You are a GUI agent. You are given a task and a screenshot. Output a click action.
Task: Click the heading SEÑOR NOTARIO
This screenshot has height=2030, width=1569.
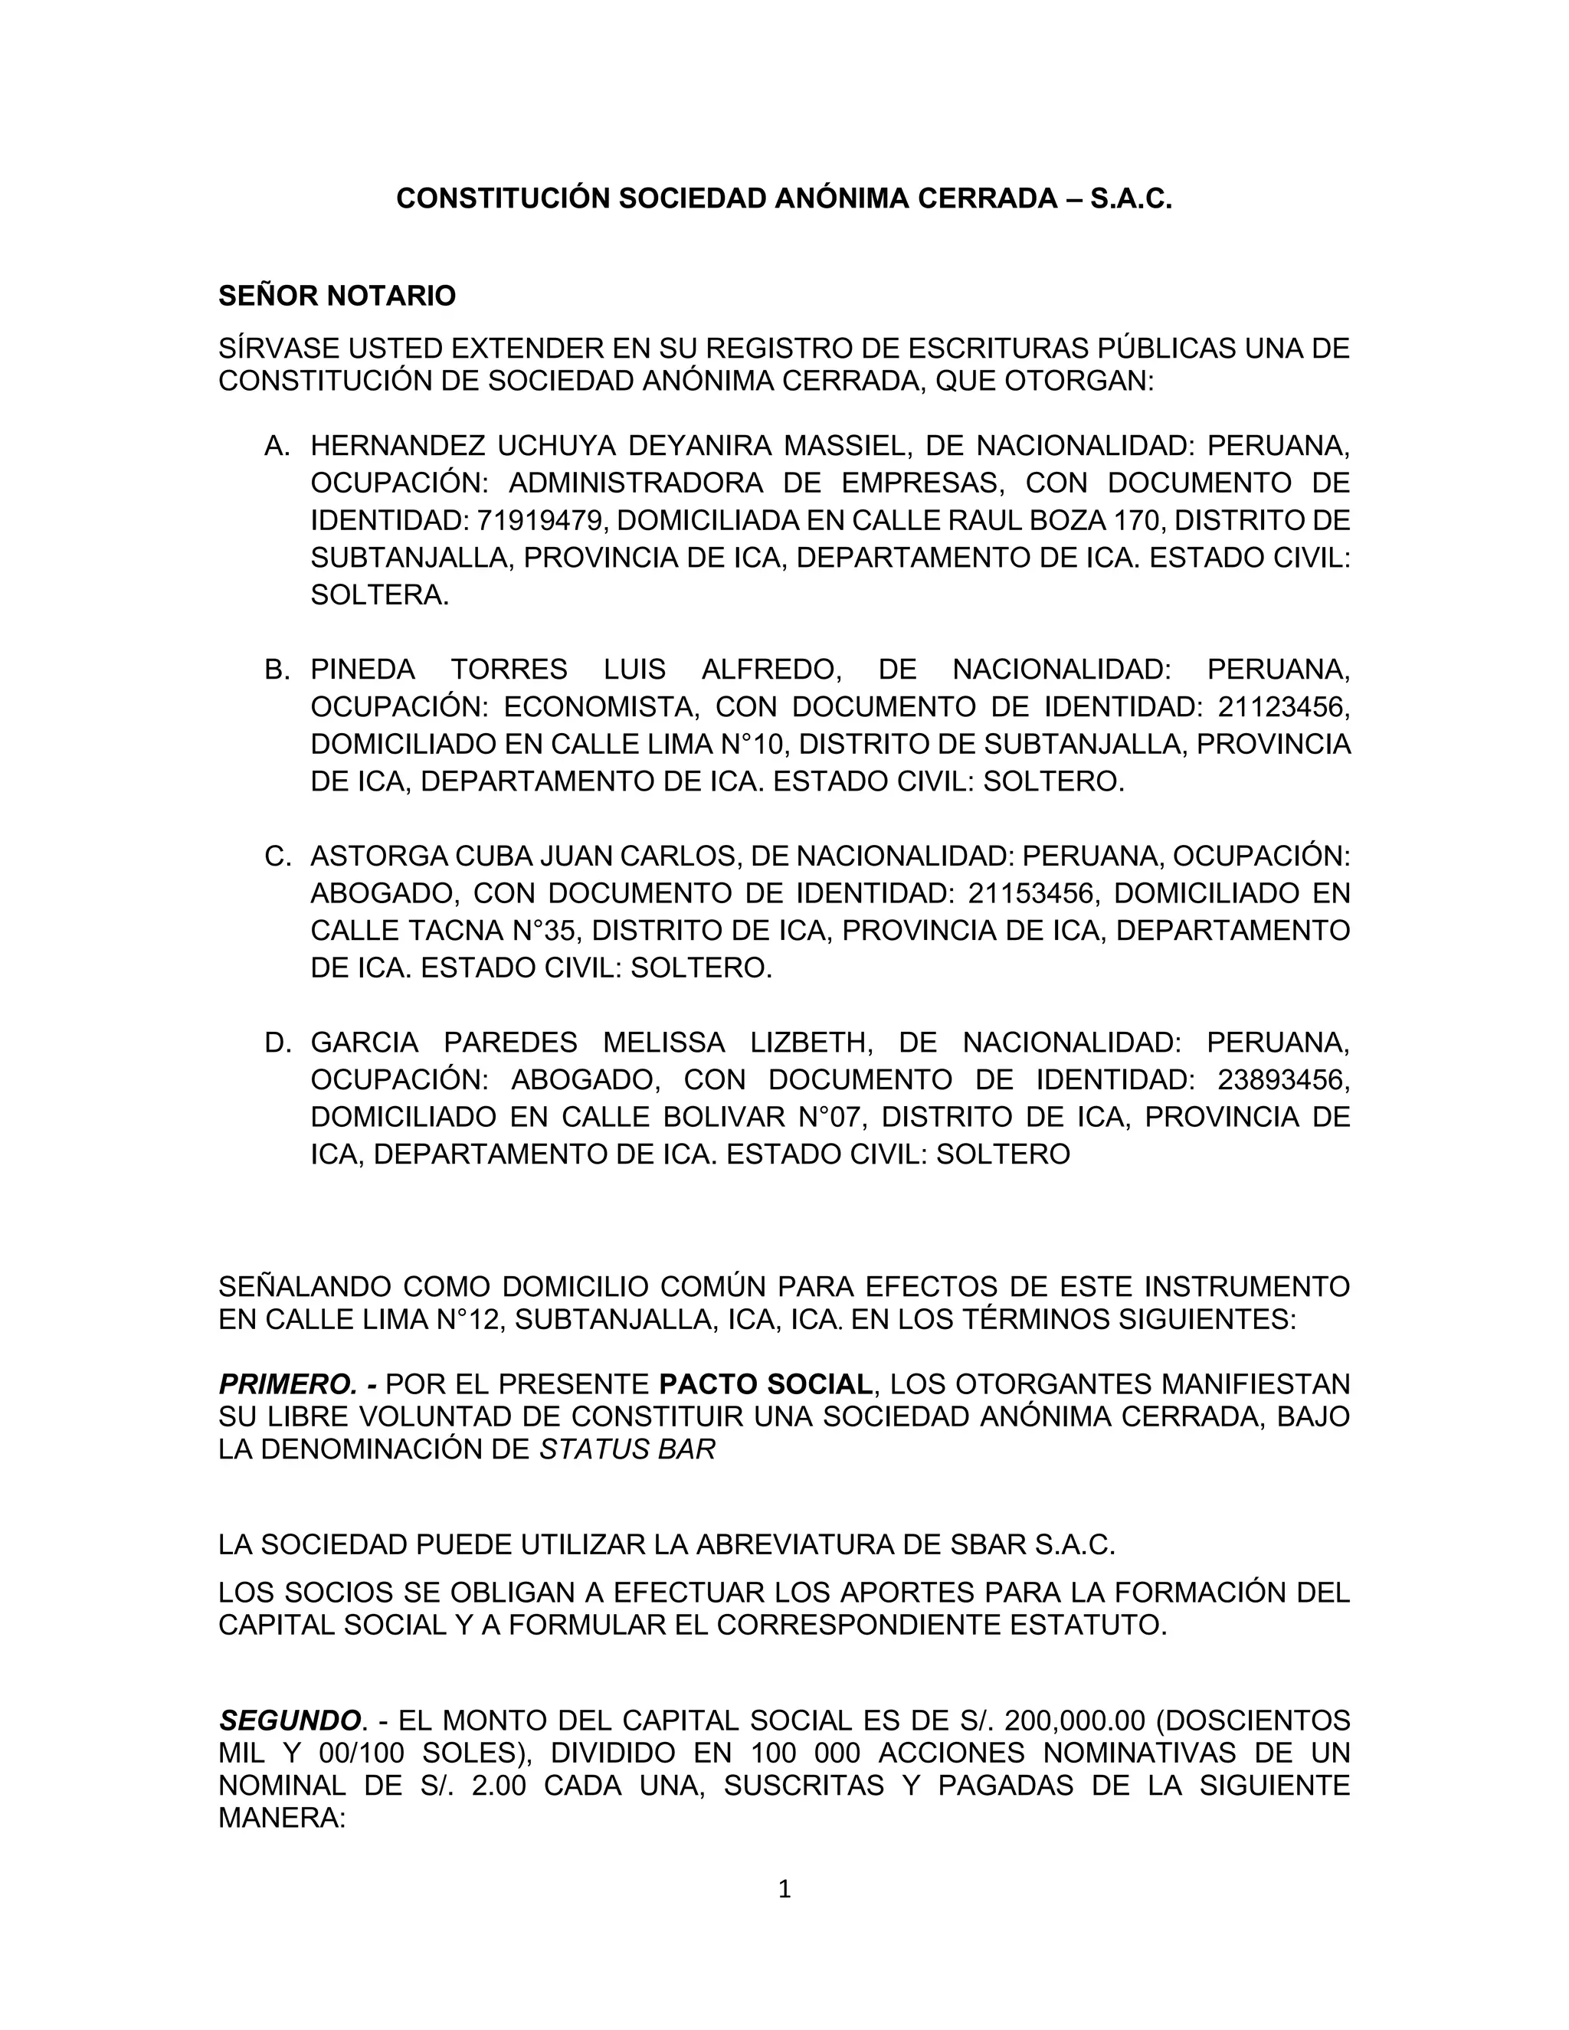(x=336, y=296)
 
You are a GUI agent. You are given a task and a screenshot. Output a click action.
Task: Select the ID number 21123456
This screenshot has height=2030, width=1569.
(x=1282, y=707)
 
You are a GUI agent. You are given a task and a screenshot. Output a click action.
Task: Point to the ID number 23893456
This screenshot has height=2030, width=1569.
(x=1282, y=1080)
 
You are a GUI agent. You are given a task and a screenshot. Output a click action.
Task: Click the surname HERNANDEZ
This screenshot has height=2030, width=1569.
(x=397, y=446)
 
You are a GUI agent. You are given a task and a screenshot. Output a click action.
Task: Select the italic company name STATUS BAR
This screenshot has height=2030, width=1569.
(x=627, y=1450)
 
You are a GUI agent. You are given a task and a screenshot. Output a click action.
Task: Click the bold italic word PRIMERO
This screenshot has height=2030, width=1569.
(x=287, y=1384)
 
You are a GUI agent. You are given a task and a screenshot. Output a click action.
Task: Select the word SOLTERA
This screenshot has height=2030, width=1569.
(x=378, y=595)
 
